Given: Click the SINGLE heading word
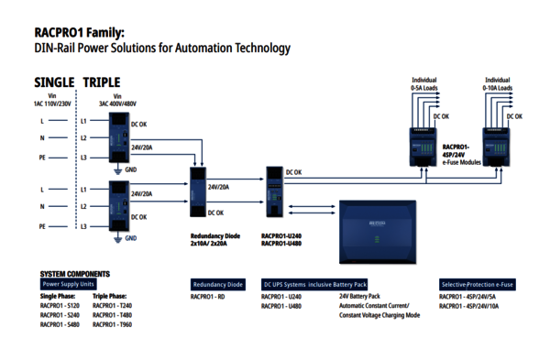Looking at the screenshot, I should (54, 82).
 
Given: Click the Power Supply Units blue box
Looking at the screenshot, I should (68, 284).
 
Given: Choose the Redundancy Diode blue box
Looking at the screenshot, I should (217, 284).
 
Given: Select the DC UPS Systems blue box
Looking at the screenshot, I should (313, 284).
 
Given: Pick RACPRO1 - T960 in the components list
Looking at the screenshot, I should (113, 324).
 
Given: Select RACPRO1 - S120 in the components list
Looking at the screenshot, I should (60, 306).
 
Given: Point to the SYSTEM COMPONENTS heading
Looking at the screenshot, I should (75, 273).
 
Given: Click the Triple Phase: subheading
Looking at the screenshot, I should (110, 297).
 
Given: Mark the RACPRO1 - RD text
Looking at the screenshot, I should (208, 297).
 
